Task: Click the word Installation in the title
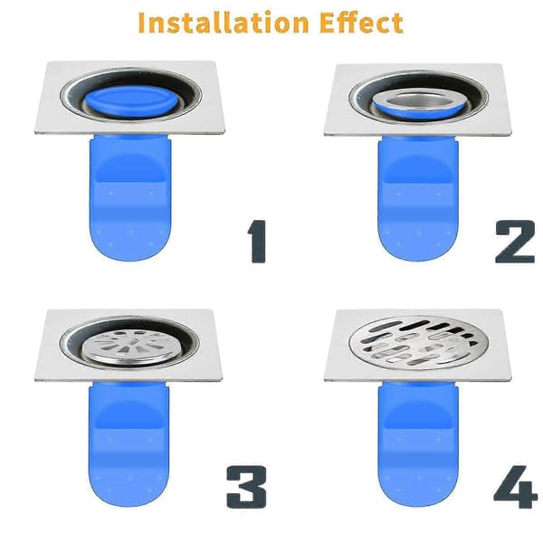tap(223, 23)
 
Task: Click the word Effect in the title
tap(361, 23)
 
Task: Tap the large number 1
tap(257, 242)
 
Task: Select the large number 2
tap(515, 242)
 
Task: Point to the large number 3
tap(246, 487)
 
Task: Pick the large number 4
tap(515, 487)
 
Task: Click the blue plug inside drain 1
tap(132, 103)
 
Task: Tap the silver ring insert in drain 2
tap(418, 103)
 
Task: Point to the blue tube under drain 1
tap(130, 197)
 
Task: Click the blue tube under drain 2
tap(418, 198)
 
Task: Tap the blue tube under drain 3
tap(129, 444)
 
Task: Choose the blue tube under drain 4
tap(418, 444)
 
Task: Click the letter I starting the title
tap(141, 23)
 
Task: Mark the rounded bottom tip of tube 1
tap(130, 261)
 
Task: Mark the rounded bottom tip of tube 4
tap(418, 506)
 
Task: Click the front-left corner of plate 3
tap(35, 380)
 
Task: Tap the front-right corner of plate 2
tap(511, 134)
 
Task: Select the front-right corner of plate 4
tap(510, 380)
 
